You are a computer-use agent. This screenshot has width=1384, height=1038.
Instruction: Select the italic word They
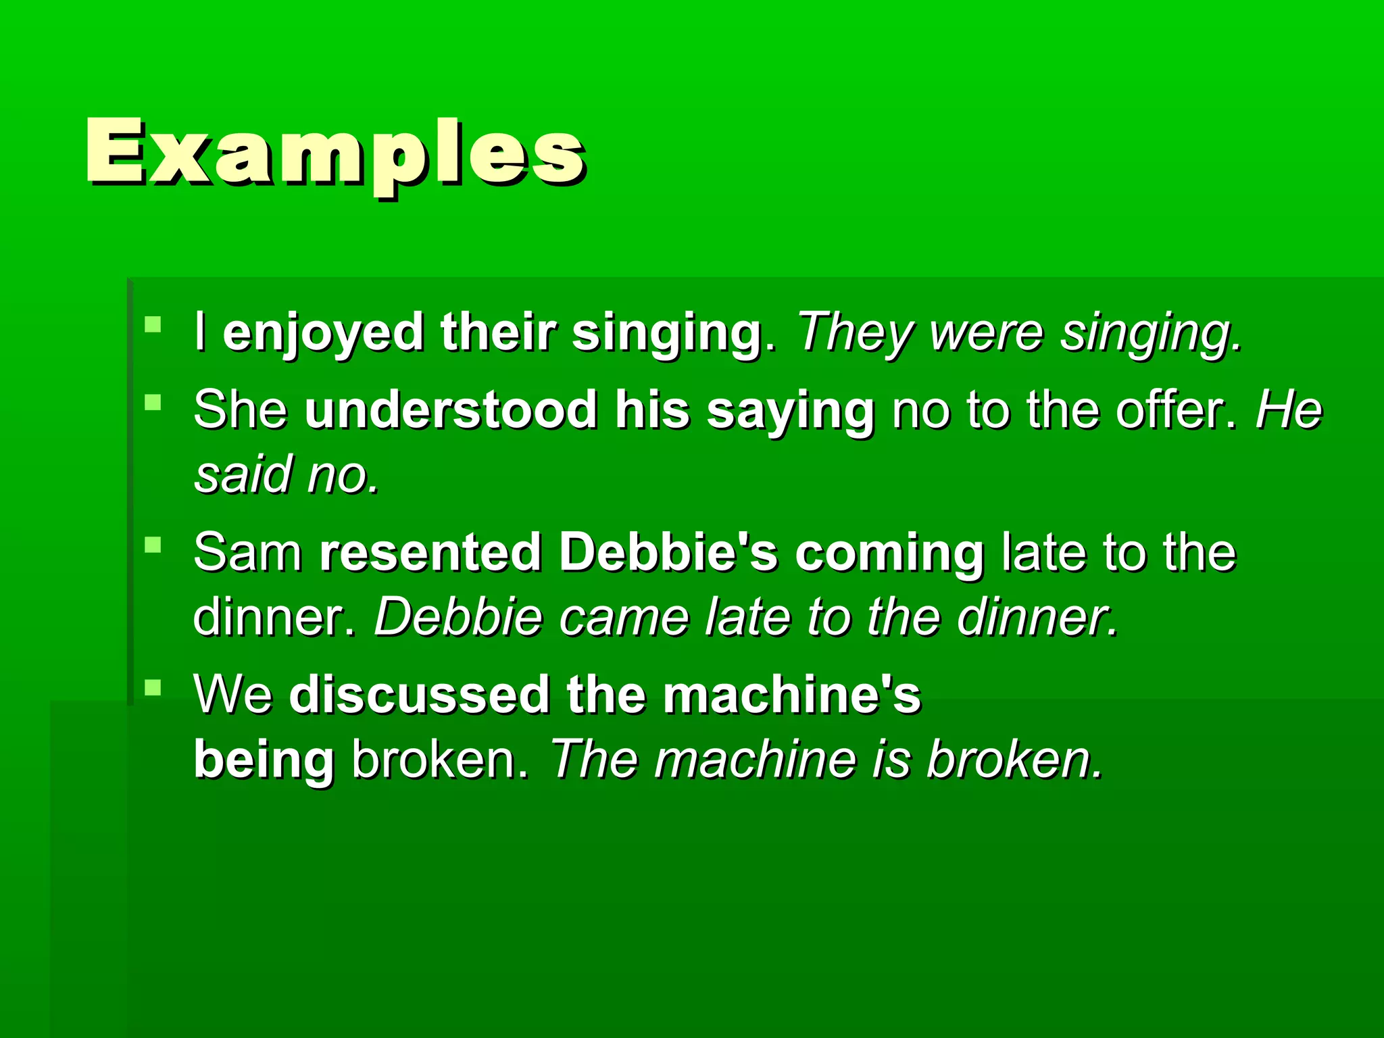[856, 333]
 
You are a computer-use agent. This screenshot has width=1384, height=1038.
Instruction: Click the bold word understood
[451, 410]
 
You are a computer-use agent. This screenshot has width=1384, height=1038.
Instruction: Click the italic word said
[242, 474]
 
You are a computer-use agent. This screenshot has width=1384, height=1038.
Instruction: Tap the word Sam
[247, 553]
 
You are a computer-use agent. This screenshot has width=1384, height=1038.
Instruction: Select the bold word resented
[430, 553]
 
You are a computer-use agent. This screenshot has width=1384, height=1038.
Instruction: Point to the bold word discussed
[419, 695]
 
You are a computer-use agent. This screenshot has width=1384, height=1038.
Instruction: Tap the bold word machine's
[791, 695]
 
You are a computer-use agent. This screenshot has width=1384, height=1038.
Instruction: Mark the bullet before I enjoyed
[153, 325]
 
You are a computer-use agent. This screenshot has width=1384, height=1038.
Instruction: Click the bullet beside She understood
[153, 403]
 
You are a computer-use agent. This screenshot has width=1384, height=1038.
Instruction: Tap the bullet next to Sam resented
[153, 545]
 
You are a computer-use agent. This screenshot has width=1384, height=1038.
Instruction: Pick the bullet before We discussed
[153, 687]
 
